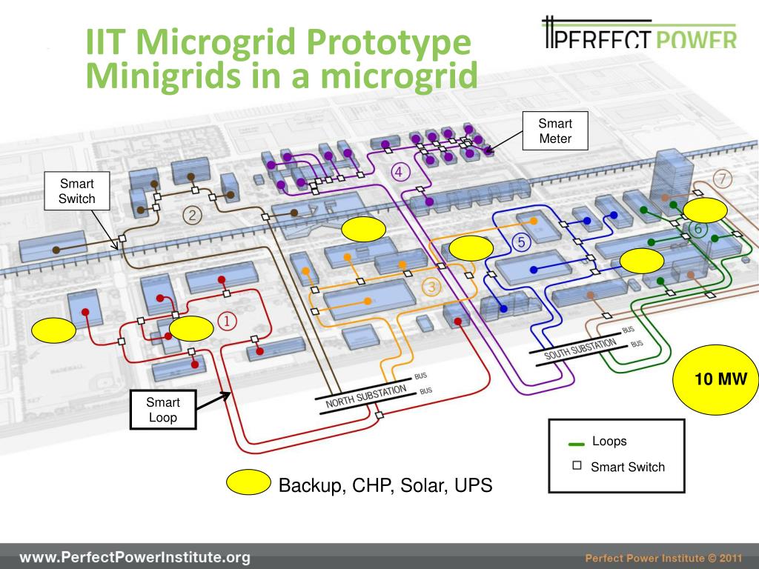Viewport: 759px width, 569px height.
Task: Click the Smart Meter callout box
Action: click(x=555, y=130)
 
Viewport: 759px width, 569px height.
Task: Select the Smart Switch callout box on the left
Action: click(x=78, y=190)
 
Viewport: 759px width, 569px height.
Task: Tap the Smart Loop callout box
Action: click(x=163, y=410)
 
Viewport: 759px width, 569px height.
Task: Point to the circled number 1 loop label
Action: click(x=227, y=321)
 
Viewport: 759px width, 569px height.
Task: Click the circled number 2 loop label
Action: click(x=192, y=216)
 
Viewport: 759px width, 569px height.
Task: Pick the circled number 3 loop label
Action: click(x=433, y=287)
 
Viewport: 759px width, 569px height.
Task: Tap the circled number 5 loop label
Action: click(x=521, y=242)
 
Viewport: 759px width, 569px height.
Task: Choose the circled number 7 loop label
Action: click(x=723, y=179)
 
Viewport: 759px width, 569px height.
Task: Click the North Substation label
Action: click(x=366, y=396)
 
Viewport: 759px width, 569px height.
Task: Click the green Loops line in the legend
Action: click(x=576, y=444)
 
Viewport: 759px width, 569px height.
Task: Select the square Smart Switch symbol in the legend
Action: click(x=577, y=466)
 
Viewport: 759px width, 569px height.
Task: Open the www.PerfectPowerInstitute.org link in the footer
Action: click(x=134, y=557)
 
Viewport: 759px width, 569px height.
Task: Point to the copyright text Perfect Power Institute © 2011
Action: click(x=663, y=558)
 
